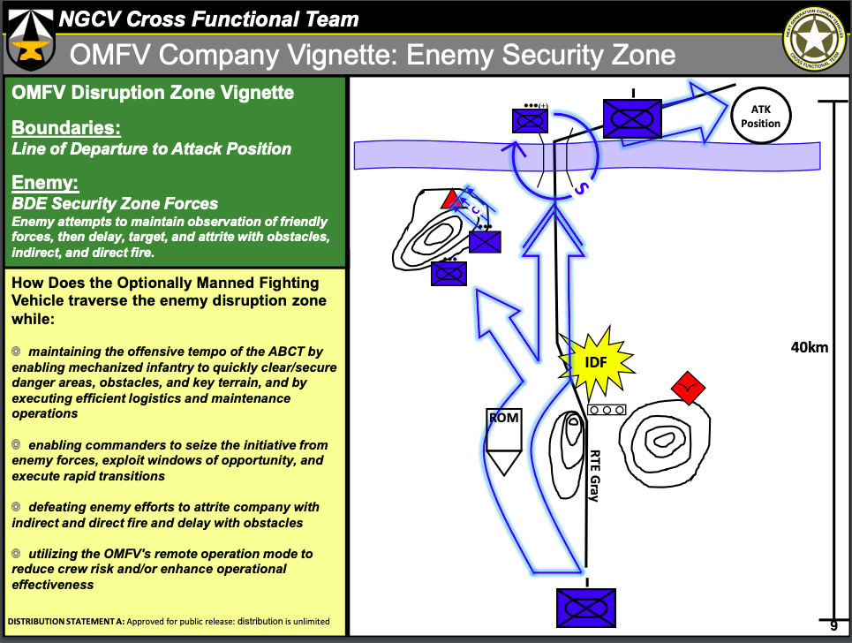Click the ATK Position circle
[x=760, y=117]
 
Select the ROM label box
[x=503, y=418]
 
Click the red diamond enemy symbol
[x=689, y=386]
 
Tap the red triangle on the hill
[x=452, y=198]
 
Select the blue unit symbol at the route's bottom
[x=585, y=608]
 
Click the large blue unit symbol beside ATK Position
[x=632, y=118]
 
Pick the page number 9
[x=833, y=626]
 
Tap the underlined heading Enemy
[x=46, y=184]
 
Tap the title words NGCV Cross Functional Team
[x=207, y=19]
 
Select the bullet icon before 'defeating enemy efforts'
[x=16, y=507]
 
